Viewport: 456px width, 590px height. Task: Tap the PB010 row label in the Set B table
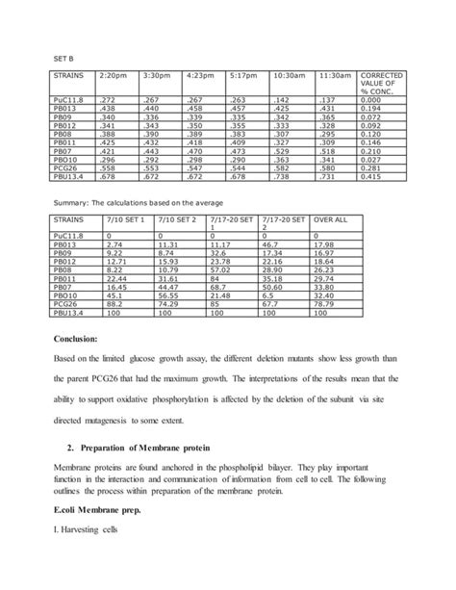[66, 160]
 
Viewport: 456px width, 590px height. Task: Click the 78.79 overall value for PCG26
[325, 306]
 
